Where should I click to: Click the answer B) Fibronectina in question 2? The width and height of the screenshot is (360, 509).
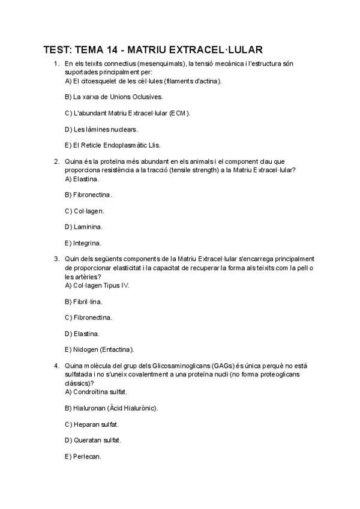tap(88, 195)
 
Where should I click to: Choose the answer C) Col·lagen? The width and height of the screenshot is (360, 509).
tap(85, 211)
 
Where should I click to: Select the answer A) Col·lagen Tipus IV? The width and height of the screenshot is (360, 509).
tap(97, 285)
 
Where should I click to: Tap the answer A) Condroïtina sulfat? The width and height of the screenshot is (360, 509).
tap(96, 392)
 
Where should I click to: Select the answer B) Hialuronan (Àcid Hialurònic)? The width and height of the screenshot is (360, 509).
tap(111, 408)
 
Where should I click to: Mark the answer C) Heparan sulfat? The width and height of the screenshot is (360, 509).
tap(92, 424)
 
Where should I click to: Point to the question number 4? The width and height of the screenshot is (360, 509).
tap(56, 366)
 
